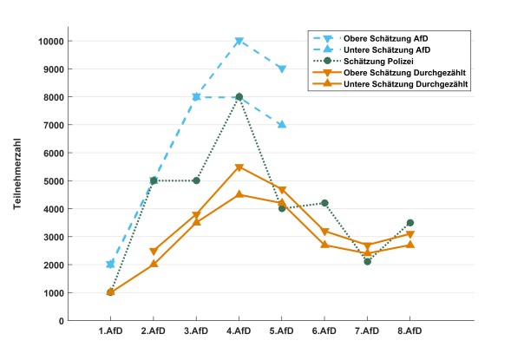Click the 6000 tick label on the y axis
pyautogui.click(x=52, y=154)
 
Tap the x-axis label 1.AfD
pyautogui.click(x=110, y=331)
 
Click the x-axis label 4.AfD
pyautogui.click(x=239, y=331)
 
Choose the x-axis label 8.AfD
pyautogui.click(x=409, y=331)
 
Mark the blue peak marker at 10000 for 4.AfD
pyautogui.click(x=239, y=42)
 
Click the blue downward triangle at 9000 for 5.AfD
pyautogui.click(x=282, y=69)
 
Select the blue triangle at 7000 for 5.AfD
pyautogui.click(x=282, y=125)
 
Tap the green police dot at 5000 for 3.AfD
pyautogui.click(x=196, y=180)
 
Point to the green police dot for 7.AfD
pyautogui.click(x=367, y=261)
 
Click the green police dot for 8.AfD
pyautogui.click(x=409, y=223)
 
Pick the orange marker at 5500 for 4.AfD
pyautogui.click(x=239, y=167)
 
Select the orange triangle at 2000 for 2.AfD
pyautogui.click(x=154, y=264)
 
